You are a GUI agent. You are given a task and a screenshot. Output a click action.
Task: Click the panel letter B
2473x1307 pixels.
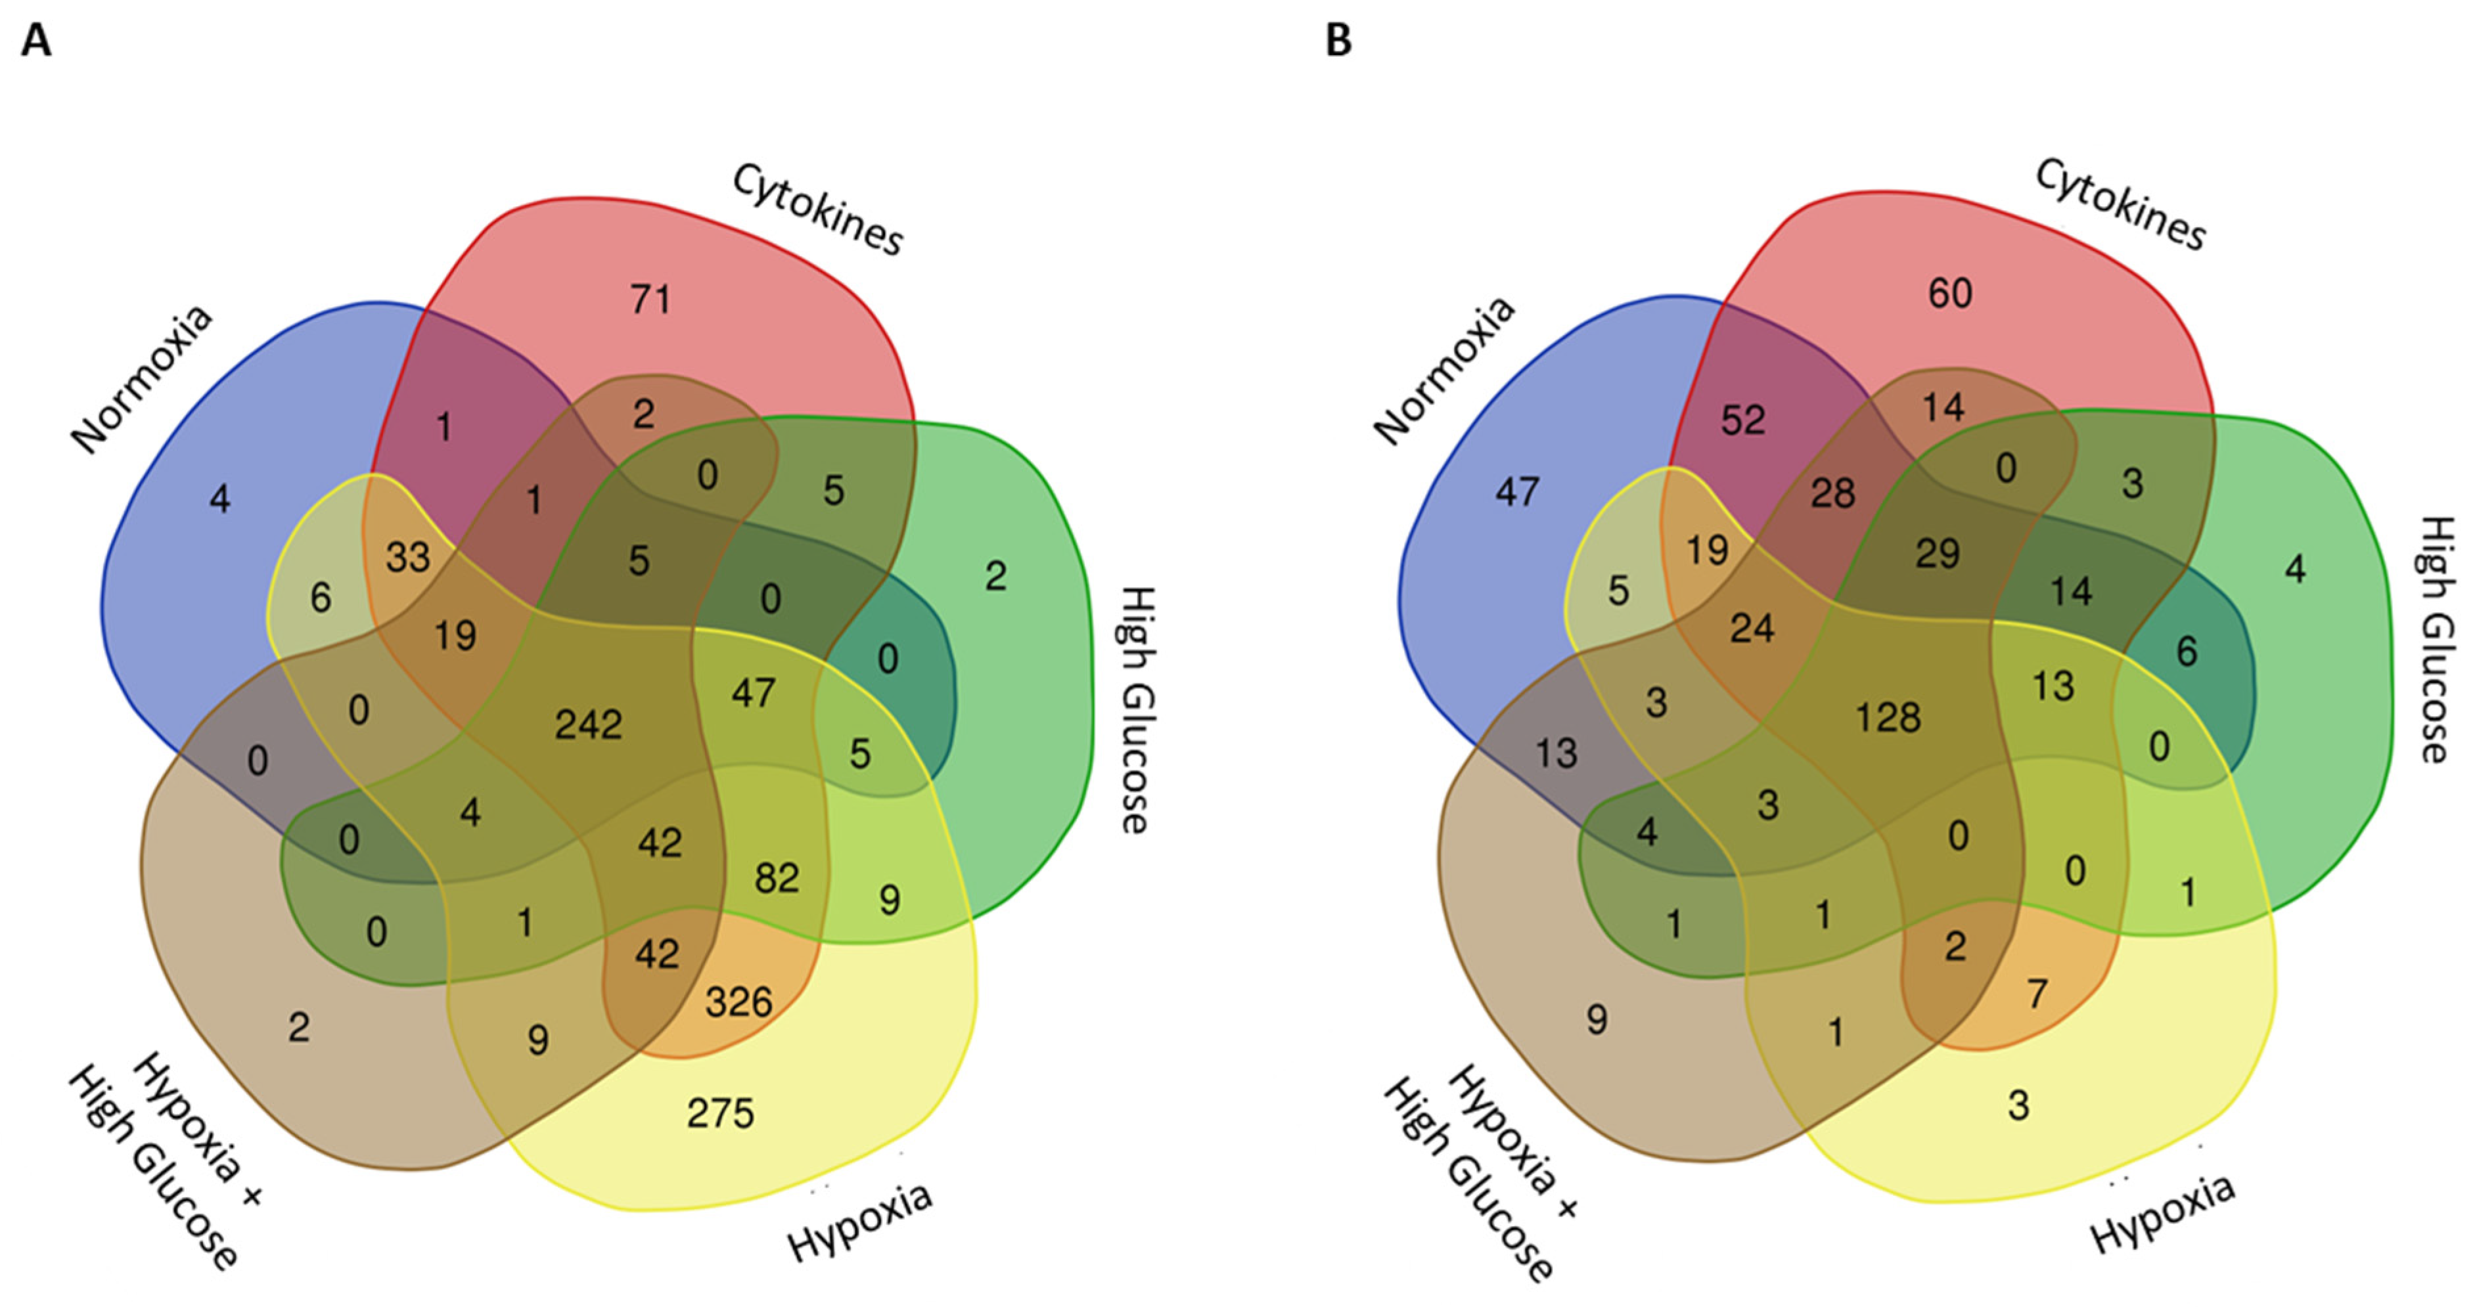pos(1338,42)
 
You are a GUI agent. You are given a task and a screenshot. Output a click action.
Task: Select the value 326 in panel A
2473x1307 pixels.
pos(738,1003)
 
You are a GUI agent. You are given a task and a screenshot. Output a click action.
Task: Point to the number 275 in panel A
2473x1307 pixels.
pos(720,1114)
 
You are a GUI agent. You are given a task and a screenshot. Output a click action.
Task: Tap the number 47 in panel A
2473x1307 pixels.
pos(753,693)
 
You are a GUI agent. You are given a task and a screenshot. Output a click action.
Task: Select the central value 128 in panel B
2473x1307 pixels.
pos(1888,718)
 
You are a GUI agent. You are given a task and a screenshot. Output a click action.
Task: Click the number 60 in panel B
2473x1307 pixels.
pos(1951,294)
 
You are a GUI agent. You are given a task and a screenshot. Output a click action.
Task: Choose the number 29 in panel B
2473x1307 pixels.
pos(1938,554)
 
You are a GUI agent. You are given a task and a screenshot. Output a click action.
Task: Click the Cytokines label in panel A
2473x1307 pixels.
pos(817,210)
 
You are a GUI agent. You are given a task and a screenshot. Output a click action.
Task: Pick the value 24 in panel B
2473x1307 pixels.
pos(1752,629)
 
